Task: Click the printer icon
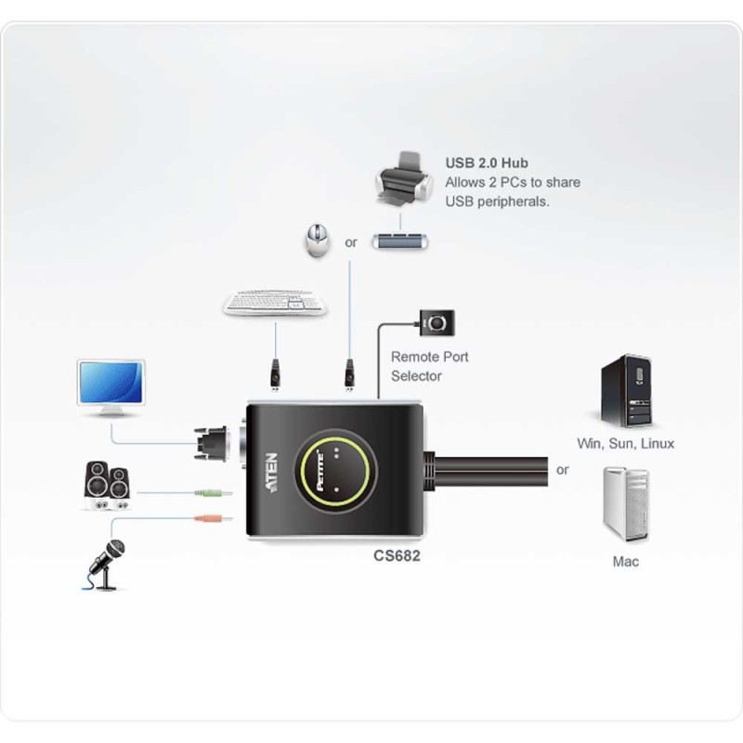404,179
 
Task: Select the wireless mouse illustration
317,241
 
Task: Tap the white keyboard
275,303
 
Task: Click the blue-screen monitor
111,387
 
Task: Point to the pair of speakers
108,486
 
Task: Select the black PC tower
626,391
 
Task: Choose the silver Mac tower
626,503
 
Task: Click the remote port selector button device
437,322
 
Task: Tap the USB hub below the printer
400,241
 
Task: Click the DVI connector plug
212,444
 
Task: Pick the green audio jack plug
214,493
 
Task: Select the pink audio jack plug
214,519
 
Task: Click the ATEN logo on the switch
271,473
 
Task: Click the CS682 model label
397,555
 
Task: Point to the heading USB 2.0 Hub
487,163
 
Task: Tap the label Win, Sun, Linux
625,444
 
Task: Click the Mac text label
625,562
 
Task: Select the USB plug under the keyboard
275,375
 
